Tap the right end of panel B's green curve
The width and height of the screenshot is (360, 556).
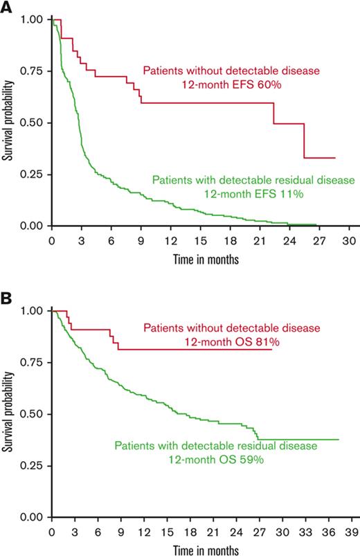[339, 440]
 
